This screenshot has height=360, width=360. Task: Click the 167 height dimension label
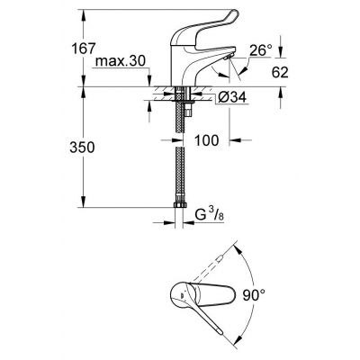(x=83, y=49)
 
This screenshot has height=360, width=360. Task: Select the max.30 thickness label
(x=121, y=61)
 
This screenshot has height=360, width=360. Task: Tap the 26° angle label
(x=261, y=50)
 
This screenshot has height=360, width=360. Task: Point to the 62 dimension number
(x=280, y=73)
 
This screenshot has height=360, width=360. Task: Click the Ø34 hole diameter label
(x=232, y=97)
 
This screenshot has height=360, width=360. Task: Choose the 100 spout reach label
(x=207, y=140)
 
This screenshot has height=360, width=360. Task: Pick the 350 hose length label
(x=82, y=148)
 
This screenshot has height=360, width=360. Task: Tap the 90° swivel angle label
(x=255, y=295)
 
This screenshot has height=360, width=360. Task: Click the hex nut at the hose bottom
(x=180, y=205)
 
